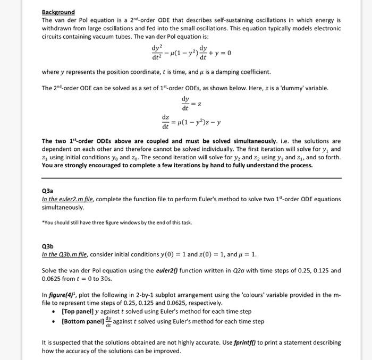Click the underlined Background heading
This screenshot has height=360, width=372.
[58, 12]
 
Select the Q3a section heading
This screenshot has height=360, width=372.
[48, 190]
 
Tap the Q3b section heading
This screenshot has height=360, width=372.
[48, 247]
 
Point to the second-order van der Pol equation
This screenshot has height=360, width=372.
[191, 53]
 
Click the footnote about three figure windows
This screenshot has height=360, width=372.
[115, 222]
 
